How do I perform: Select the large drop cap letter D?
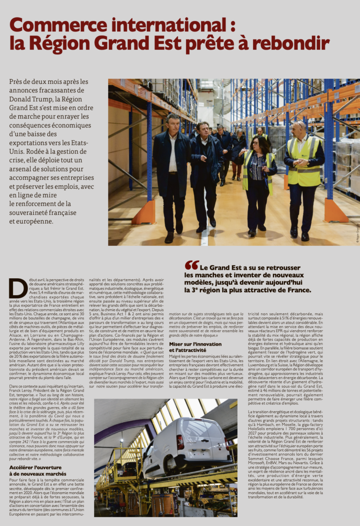17,289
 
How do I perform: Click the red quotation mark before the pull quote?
191,265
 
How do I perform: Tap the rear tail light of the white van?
180,442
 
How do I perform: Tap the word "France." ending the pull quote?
295,290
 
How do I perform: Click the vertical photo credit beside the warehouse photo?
357,234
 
